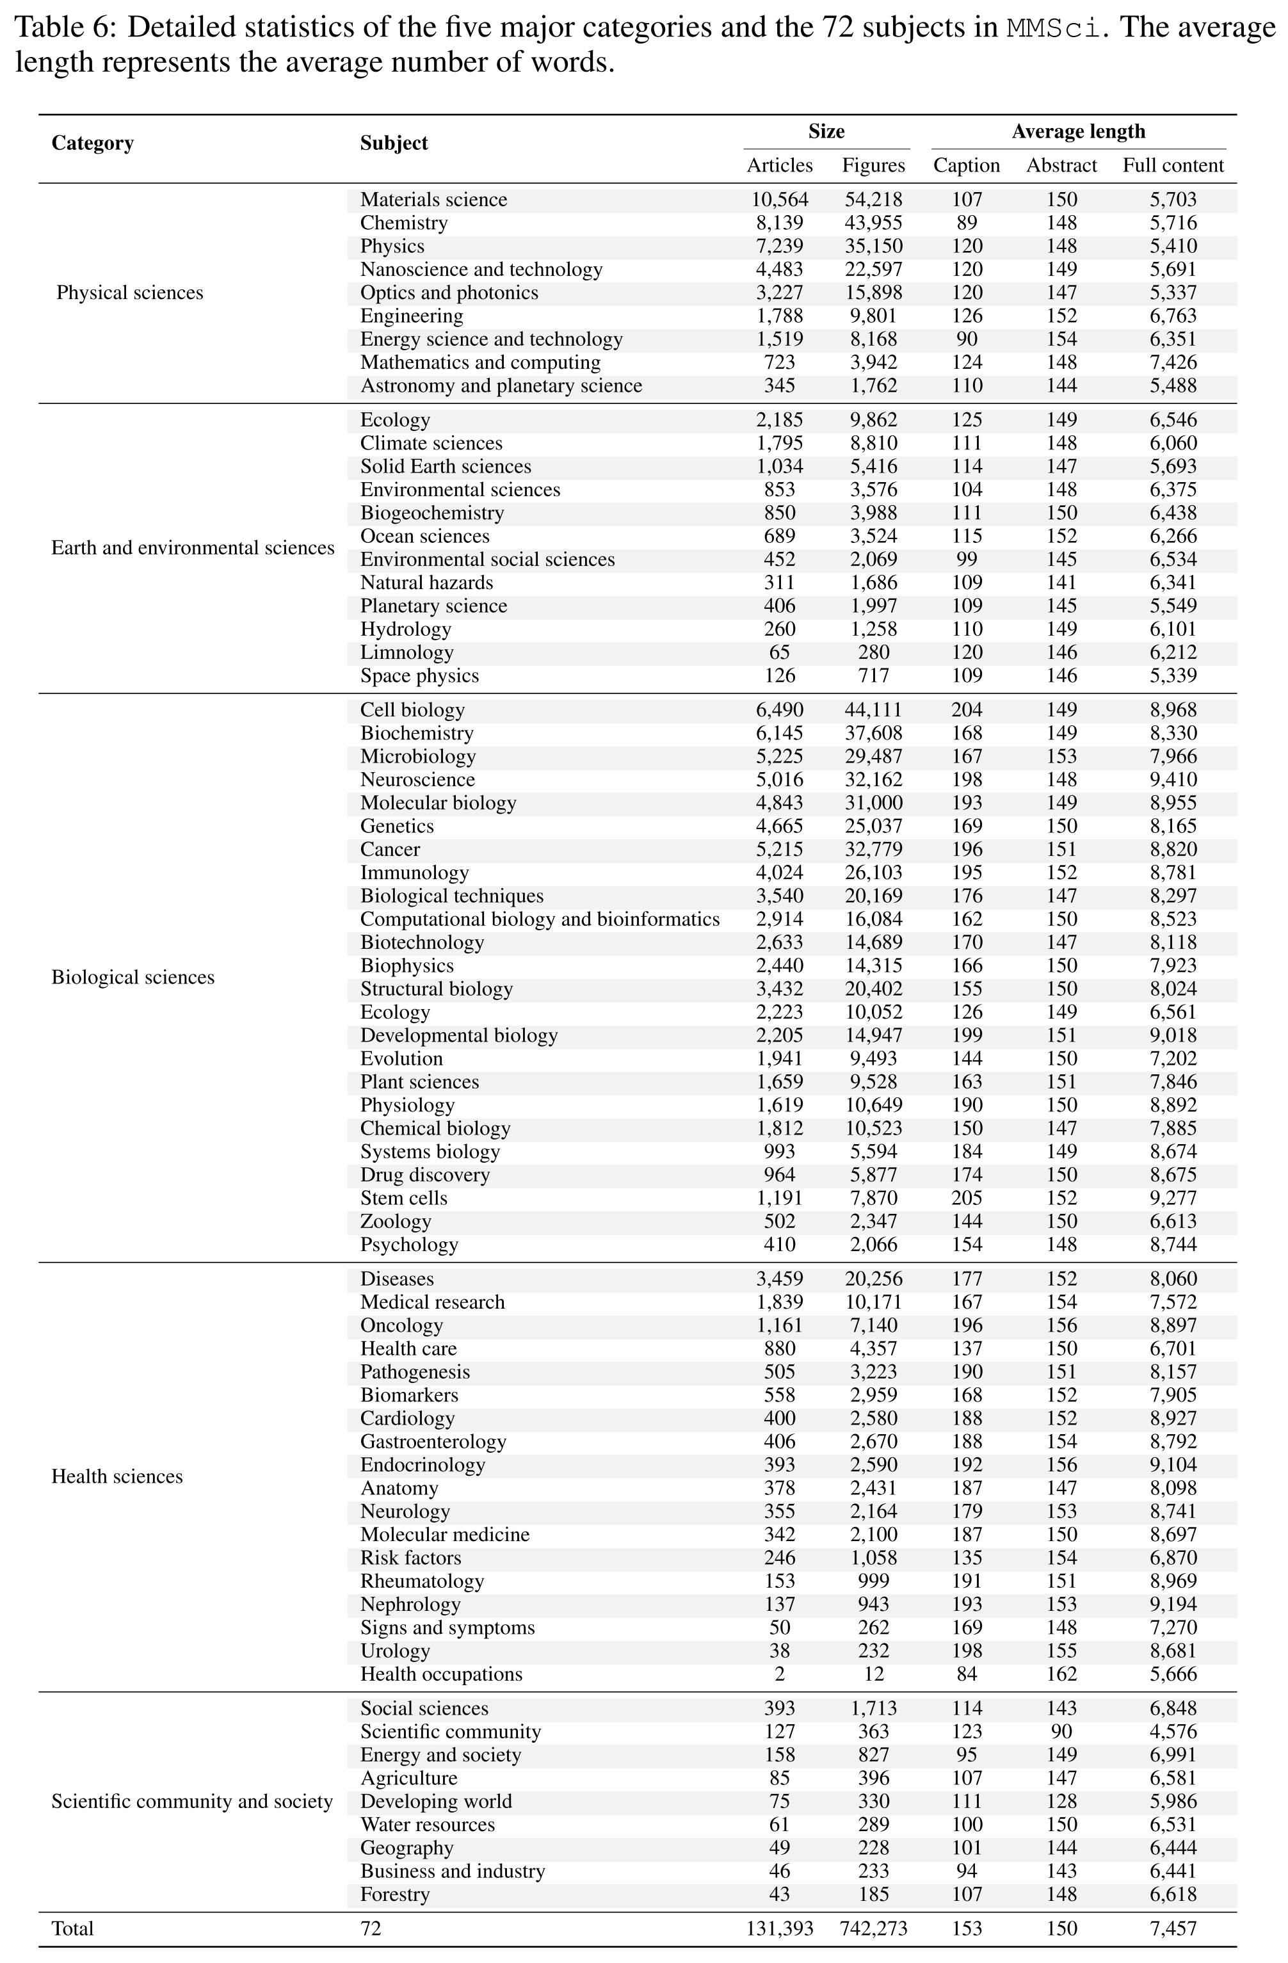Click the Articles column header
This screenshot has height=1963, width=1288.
[x=779, y=165]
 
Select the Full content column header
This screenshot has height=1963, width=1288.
[x=1173, y=165]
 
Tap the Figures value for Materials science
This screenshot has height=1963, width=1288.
[x=873, y=200]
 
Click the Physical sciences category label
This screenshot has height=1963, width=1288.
[x=129, y=293]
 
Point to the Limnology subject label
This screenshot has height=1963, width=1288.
[x=407, y=652]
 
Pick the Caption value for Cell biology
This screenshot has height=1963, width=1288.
[x=967, y=710]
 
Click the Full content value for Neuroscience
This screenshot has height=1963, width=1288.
[x=1173, y=779]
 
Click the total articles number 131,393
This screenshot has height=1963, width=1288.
[x=779, y=1928]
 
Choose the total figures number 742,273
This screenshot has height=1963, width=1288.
[x=873, y=1928]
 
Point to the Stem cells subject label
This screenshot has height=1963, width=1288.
[x=403, y=1199]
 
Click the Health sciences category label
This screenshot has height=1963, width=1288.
[x=117, y=1476]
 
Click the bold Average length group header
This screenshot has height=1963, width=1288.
[x=1078, y=131]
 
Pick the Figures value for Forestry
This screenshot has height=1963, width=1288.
[x=873, y=1894]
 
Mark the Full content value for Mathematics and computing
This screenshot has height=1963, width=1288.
[x=1173, y=362]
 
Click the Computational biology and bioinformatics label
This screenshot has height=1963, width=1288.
[x=539, y=919]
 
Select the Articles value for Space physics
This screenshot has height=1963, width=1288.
[x=779, y=675]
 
